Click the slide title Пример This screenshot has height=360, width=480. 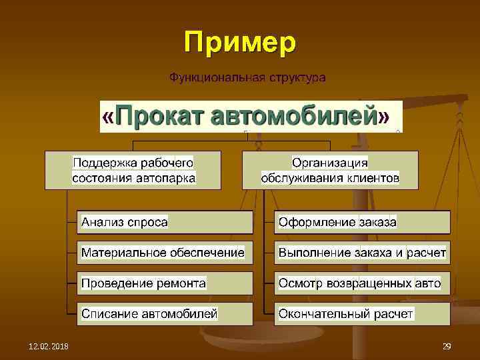tap(240, 43)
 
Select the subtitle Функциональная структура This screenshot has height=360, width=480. tap(247, 78)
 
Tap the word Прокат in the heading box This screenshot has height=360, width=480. tap(160, 117)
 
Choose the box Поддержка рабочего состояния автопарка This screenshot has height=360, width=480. tap(133, 170)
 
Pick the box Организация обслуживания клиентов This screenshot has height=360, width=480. tap(330, 170)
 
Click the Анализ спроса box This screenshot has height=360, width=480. tap(165, 222)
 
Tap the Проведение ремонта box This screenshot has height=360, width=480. tap(165, 283)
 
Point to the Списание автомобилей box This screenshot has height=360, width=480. tap(165, 313)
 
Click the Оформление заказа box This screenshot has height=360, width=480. tap(362, 222)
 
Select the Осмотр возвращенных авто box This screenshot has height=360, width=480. tap(362, 283)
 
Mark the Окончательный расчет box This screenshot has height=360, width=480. tap(362, 313)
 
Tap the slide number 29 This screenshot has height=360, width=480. tap(447, 345)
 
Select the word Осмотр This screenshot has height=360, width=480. tap(300, 283)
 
